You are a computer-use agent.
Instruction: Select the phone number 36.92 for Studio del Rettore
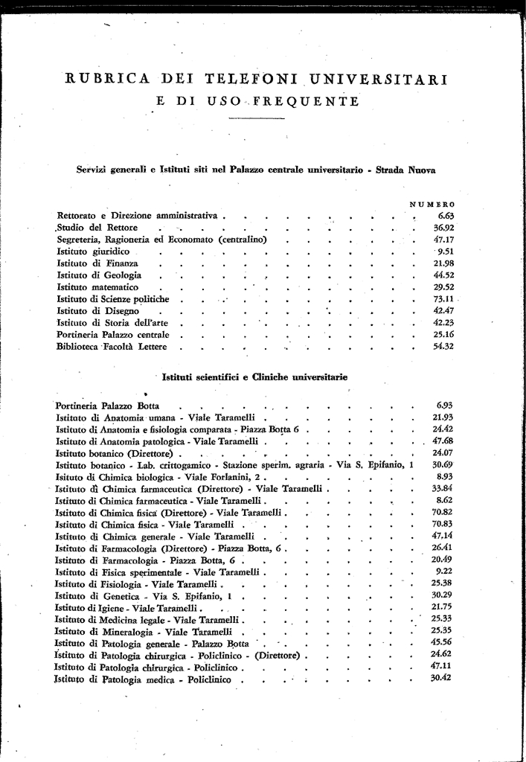[443, 227]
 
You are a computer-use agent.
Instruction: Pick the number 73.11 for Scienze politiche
[444, 299]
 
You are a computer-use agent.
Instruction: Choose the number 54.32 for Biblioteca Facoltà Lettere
[443, 347]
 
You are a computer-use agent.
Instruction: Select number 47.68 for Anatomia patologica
[443, 441]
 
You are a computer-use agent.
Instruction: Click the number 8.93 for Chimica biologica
[445, 476]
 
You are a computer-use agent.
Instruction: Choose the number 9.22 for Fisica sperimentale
[445, 571]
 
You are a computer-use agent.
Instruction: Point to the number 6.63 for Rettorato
[446, 216]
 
